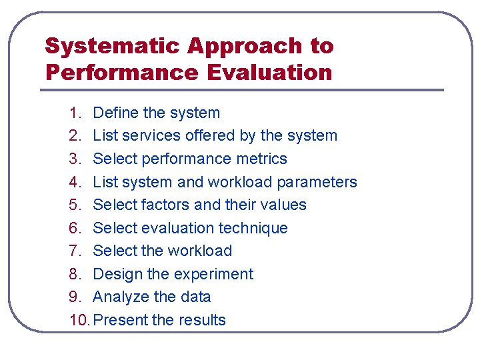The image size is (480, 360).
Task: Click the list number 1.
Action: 75,113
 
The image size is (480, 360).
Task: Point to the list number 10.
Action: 79,320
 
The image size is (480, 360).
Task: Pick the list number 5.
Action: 75,205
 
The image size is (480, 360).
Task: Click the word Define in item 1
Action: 115,113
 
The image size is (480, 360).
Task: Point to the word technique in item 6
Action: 255,228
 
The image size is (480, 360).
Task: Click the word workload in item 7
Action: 199,251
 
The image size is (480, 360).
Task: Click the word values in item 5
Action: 285,205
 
